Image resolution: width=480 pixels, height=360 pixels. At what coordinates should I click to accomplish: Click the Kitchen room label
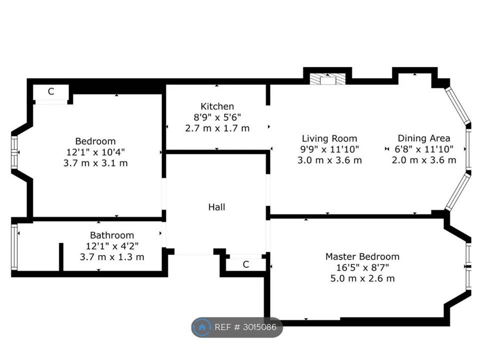point(217,106)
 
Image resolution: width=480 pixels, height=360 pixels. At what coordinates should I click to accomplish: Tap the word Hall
point(216,207)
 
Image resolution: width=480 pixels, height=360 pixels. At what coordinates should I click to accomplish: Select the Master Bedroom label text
point(362,256)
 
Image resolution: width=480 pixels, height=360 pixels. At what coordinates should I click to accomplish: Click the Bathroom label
point(111,235)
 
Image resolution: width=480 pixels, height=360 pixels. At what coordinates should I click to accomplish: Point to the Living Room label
point(329,138)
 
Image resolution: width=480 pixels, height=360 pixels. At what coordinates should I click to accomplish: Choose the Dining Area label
point(423,138)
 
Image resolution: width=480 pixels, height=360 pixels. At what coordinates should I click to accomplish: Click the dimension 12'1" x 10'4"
point(95,152)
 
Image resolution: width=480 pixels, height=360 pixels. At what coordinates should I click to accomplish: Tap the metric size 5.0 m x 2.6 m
point(362,278)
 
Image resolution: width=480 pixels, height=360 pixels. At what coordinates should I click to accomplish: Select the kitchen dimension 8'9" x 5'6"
point(217,117)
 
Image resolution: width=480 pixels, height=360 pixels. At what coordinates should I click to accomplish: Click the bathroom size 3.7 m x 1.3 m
point(111,257)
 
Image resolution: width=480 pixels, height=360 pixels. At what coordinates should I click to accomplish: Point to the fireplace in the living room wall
point(327,79)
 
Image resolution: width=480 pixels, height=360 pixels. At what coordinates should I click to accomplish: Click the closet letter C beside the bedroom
point(51,91)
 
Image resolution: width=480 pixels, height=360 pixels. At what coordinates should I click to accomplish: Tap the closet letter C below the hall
point(246,264)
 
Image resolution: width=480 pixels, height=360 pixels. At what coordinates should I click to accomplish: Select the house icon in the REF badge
point(201,327)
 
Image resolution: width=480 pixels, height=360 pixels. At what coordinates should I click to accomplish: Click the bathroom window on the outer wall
point(14,247)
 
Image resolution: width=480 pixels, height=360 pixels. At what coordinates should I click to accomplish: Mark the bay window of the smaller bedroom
point(14,152)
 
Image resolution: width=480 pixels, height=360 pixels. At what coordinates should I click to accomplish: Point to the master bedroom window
point(468,266)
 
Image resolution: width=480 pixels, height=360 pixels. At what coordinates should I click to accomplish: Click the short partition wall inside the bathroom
point(61,257)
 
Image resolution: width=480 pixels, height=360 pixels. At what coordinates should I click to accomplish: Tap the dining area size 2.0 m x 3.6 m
point(424,160)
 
